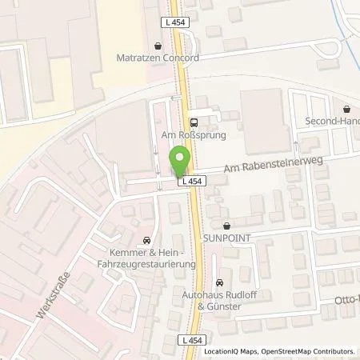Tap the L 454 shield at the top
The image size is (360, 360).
[x=178, y=22]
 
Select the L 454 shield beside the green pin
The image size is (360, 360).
[x=190, y=182]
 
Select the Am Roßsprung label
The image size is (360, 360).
[x=193, y=135]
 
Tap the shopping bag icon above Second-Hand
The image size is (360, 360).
[x=346, y=110]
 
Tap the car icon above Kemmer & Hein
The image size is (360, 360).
[x=146, y=239]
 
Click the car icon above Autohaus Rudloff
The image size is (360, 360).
[x=220, y=282]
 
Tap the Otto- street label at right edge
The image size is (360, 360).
[x=346, y=303]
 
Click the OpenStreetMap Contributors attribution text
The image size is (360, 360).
[x=303, y=351]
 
